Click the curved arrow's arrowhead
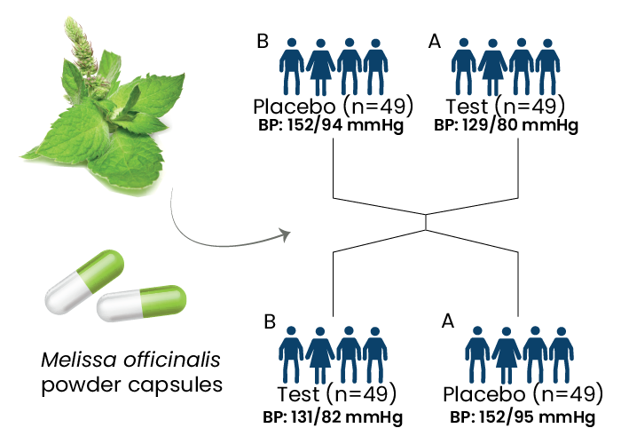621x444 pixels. pos(285,234)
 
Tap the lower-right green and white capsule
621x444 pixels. pos(142,304)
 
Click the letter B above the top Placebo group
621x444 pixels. pos(263,40)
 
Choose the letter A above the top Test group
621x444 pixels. pos(434,40)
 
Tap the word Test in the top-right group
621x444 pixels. pos(470,107)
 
